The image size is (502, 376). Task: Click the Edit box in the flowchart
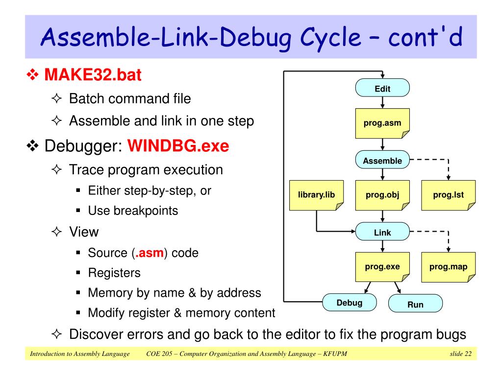click(382, 88)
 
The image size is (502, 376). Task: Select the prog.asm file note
click(382, 123)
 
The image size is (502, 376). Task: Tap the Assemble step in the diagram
click(382, 160)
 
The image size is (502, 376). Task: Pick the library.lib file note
click(316, 195)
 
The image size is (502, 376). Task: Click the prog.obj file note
click(382, 195)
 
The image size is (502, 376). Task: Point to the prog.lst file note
click(448, 195)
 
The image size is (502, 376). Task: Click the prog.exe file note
click(382, 267)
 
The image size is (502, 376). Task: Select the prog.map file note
click(448, 267)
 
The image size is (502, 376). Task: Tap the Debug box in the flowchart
click(349, 303)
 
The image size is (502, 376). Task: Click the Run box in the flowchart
click(415, 304)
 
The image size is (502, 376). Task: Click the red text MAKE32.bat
click(93, 75)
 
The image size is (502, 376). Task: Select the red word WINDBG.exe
click(178, 146)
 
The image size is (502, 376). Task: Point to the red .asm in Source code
click(150, 253)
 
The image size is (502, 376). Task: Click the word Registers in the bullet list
click(114, 273)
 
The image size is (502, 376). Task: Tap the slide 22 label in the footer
click(461, 353)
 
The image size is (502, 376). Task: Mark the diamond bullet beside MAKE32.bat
click(33, 75)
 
